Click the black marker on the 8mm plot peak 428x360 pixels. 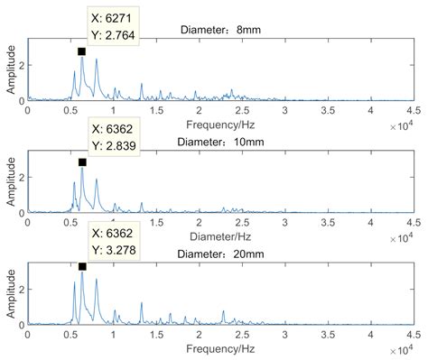(81, 51)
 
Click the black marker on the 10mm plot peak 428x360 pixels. (82, 162)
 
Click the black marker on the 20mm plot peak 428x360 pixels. (82, 266)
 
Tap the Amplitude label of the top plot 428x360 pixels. (9, 69)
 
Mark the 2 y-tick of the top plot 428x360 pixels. (21, 65)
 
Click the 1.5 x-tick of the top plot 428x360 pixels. (156, 110)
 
